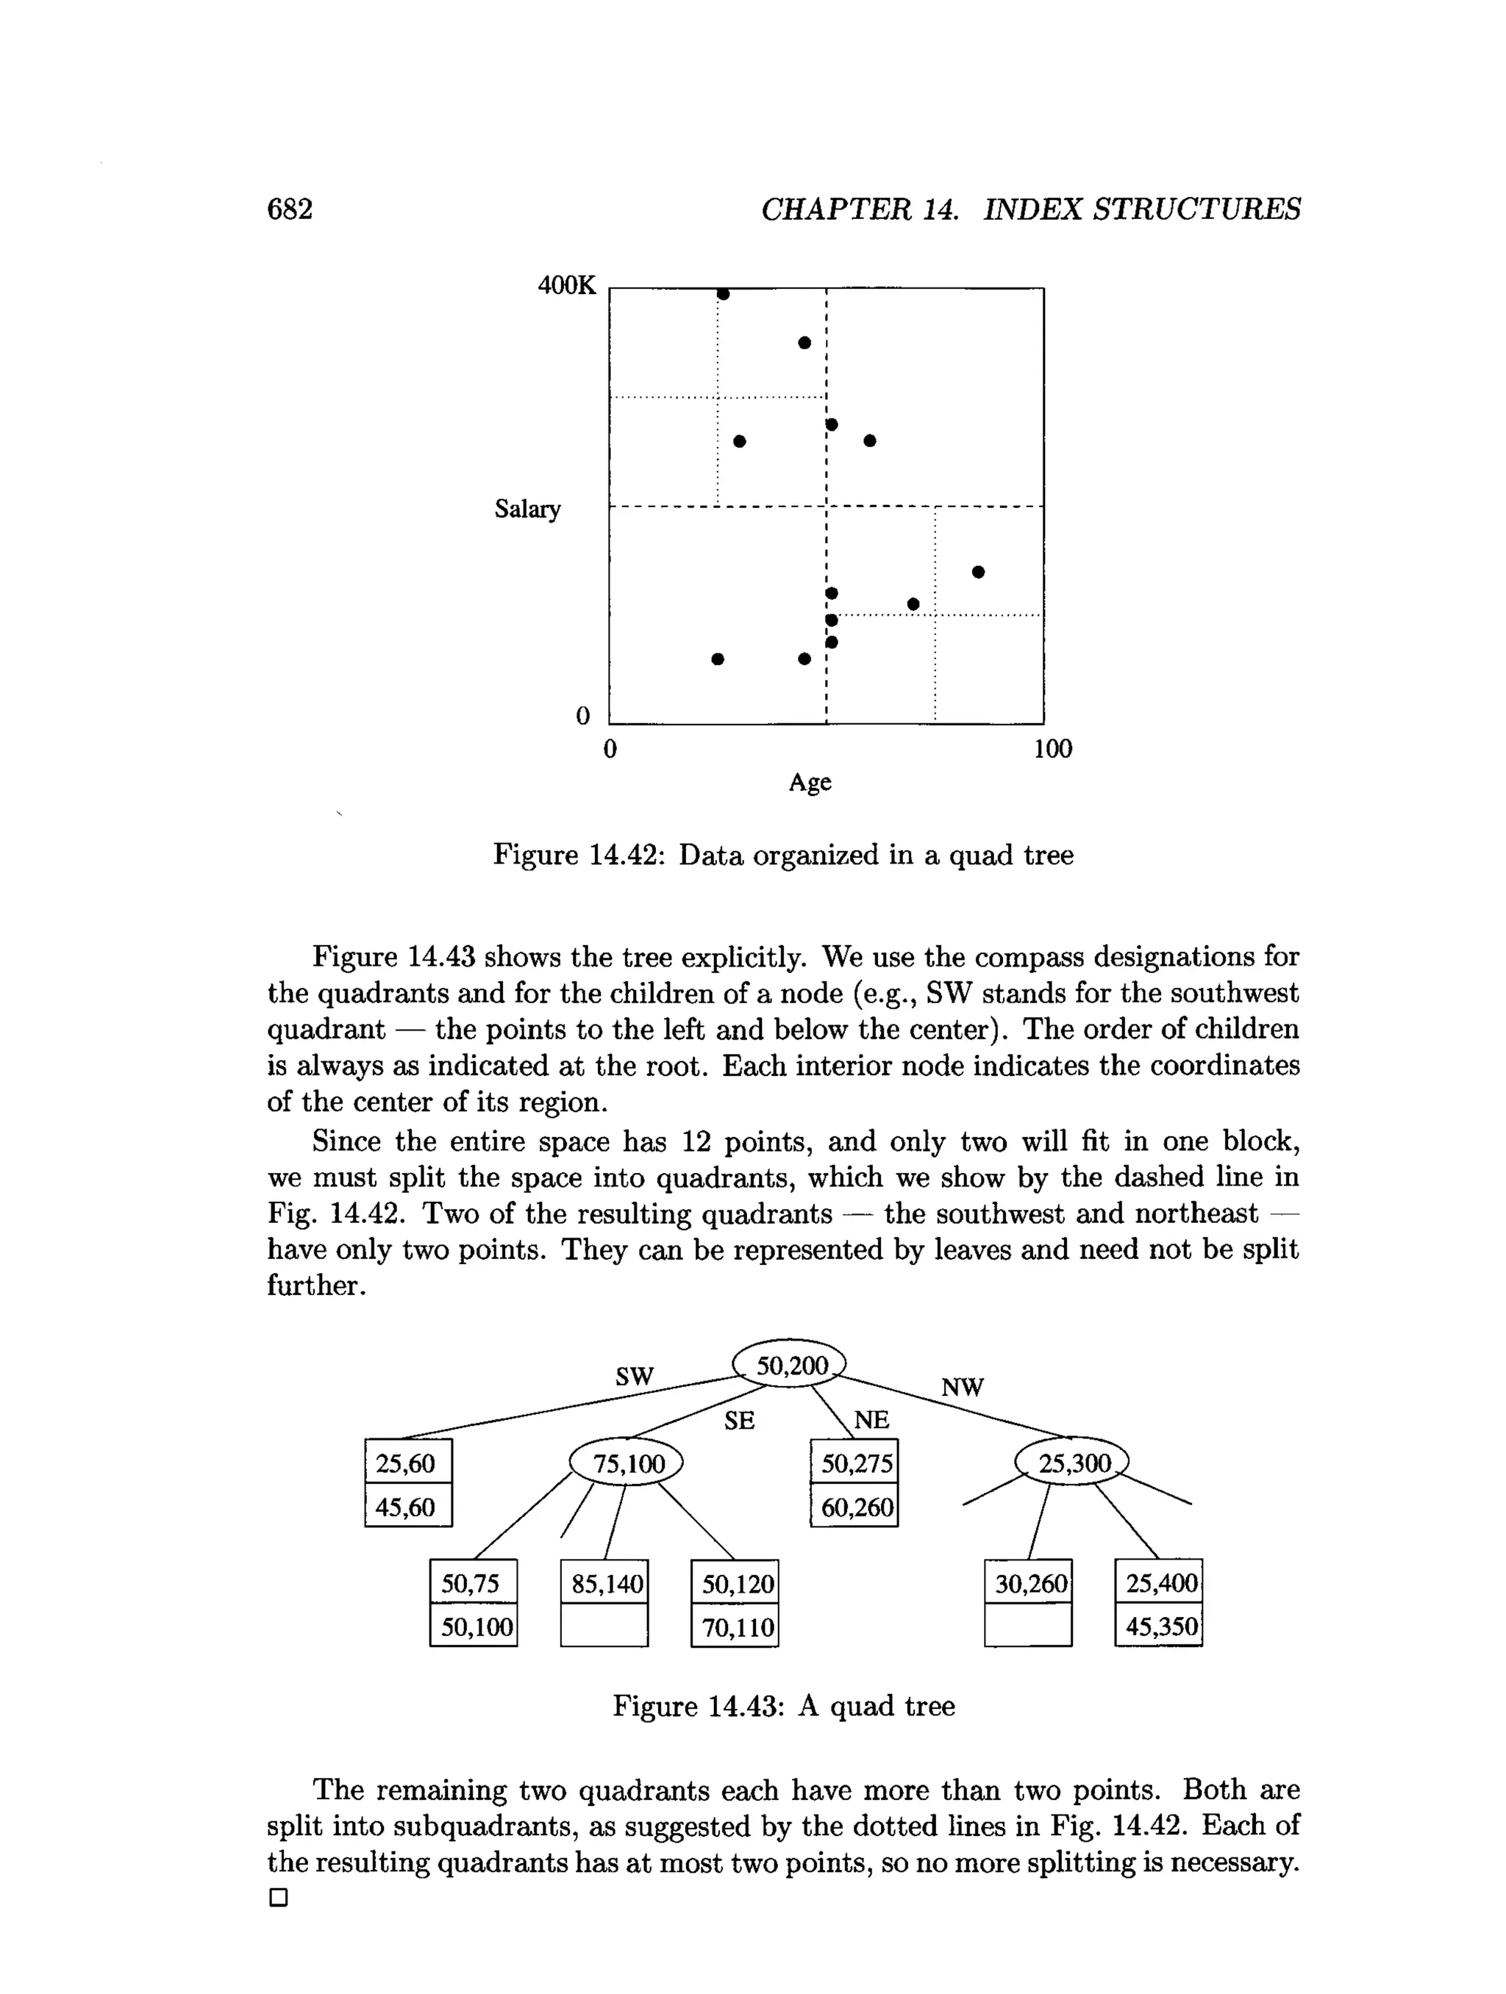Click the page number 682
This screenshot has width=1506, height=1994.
coord(290,209)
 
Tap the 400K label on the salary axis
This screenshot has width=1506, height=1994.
coord(566,286)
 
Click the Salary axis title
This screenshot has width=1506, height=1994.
coord(527,509)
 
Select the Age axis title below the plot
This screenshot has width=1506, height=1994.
coord(810,781)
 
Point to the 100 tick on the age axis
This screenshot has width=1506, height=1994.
coord(1052,749)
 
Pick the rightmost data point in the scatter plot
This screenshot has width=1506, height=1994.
coord(979,572)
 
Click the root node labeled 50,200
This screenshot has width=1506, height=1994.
coord(790,1366)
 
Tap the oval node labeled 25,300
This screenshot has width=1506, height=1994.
coord(1072,1463)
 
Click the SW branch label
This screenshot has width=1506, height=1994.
coord(634,1377)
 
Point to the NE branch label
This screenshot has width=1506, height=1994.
coord(871,1421)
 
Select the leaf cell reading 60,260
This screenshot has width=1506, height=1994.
coord(855,1507)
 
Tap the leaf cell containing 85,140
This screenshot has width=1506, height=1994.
coord(605,1584)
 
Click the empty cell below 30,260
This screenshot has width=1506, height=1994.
coord(1028,1627)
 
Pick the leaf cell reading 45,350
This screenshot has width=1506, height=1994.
coord(1160,1627)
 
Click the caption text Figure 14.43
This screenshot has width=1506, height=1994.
coord(693,1707)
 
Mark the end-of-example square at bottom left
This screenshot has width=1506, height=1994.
coord(279,1898)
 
